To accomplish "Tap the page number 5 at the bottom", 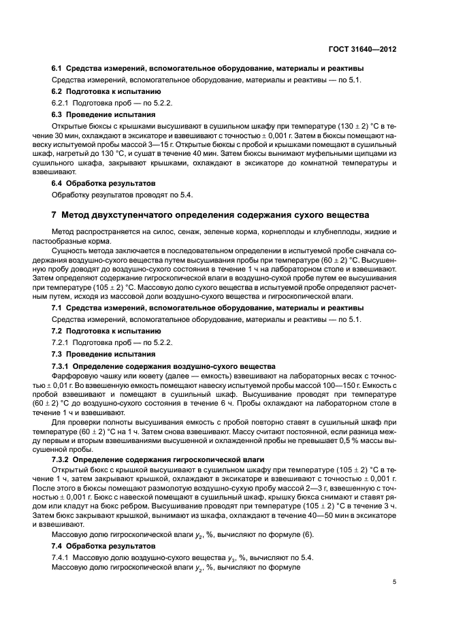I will click(395, 582).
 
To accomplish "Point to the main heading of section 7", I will click(210, 215).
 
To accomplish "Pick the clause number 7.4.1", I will click(62, 557).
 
